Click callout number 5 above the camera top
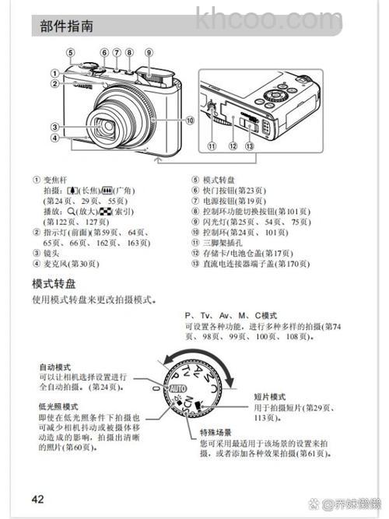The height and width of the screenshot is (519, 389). (69, 53)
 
